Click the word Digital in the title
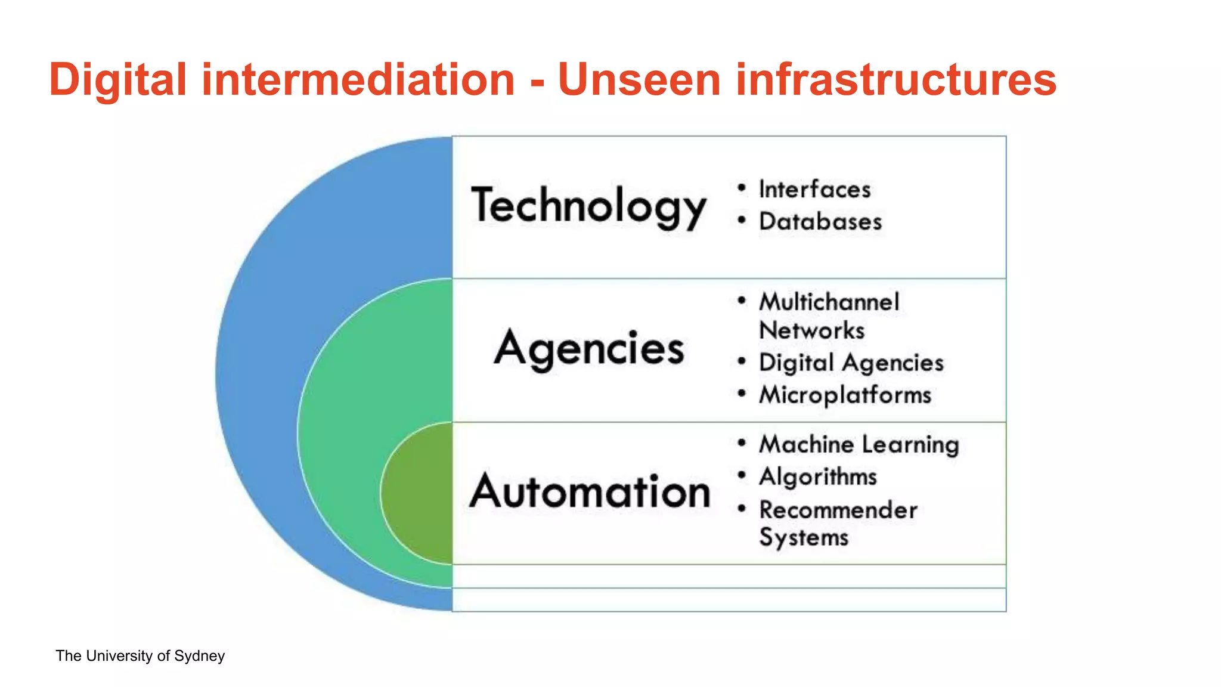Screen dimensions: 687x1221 click(x=118, y=80)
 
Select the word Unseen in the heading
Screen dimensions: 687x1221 click(x=639, y=80)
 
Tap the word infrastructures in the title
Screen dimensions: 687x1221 click(x=896, y=80)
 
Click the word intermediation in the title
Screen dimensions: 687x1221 click(x=358, y=80)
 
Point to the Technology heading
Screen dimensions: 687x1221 click(x=588, y=206)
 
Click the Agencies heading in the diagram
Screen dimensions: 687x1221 click(x=589, y=349)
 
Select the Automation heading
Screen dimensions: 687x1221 click(x=590, y=492)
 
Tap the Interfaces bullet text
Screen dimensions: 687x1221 click(x=814, y=190)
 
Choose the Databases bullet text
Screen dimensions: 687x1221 click(x=820, y=222)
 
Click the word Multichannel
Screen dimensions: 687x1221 click(x=829, y=302)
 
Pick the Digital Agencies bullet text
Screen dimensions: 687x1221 click(x=851, y=363)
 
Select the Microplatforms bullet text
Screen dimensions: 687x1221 click(x=845, y=395)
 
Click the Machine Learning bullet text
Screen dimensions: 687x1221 click(x=859, y=445)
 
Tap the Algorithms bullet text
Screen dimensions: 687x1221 click(x=818, y=477)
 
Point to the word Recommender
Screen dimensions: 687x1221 click(x=838, y=510)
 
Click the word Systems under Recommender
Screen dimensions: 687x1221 click(x=804, y=537)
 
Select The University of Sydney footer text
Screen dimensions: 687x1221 click(x=140, y=656)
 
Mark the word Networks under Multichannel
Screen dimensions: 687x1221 click(x=811, y=331)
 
